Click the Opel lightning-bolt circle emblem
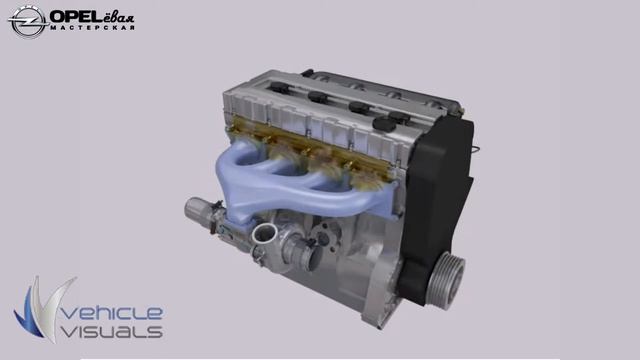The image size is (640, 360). pyautogui.click(x=27, y=22)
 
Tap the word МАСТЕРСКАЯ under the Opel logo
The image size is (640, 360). pyautogui.click(x=93, y=28)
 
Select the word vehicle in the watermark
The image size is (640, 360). pyautogui.click(x=112, y=313)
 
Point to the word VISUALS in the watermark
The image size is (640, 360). pyautogui.click(x=112, y=331)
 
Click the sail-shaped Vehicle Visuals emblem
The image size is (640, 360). pyautogui.click(x=44, y=309)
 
